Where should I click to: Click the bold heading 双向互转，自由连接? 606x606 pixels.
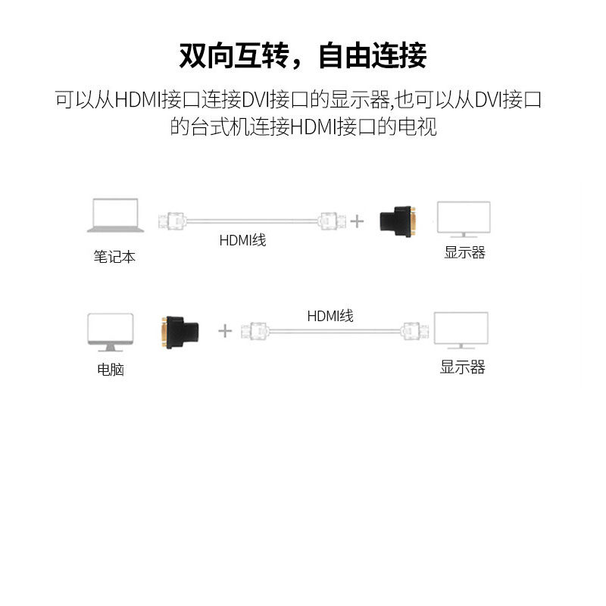coord(303,55)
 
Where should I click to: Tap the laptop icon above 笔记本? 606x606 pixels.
coord(114,215)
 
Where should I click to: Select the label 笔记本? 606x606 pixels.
coord(114,257)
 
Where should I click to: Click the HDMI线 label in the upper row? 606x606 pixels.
coord(243,241)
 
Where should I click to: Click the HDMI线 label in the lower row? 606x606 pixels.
coord(330,316)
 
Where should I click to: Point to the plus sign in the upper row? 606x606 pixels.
coord(357,221)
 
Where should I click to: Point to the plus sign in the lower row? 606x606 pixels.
coord(225,330)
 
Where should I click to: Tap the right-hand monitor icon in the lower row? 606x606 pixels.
coord(460,333)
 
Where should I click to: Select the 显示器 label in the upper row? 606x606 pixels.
coord(464,253)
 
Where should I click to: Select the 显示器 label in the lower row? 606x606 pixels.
coord(462,368)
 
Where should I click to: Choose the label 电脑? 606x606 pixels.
coord(111,370)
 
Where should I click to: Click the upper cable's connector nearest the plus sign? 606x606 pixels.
coord(332,221)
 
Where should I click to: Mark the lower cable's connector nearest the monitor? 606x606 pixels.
coord(414,331)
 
